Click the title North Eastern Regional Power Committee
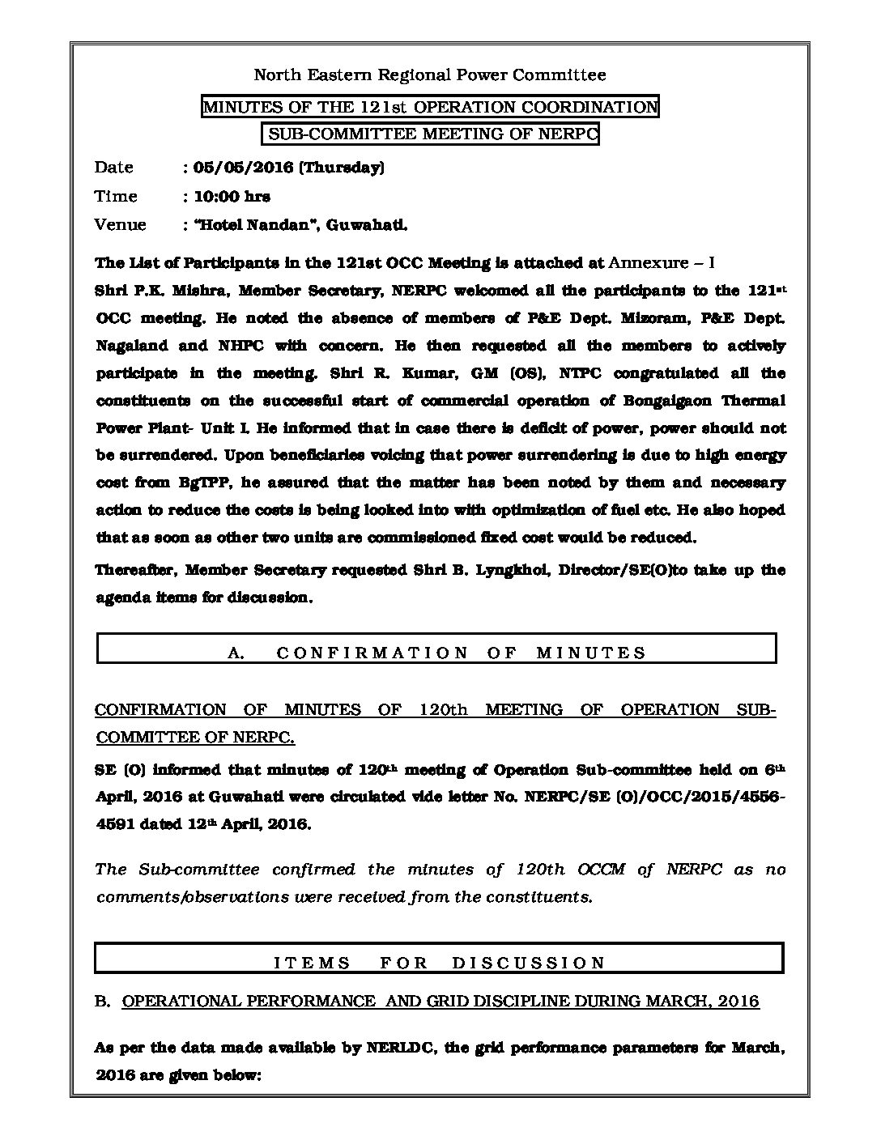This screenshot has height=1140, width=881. [430, 75]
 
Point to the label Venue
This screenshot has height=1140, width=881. [121, 224]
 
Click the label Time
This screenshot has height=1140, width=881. [116, 196]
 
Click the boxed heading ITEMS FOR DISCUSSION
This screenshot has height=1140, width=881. [440, 963]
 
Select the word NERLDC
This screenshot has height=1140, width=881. [402, 1048]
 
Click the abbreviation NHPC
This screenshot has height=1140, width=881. [237, 346]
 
